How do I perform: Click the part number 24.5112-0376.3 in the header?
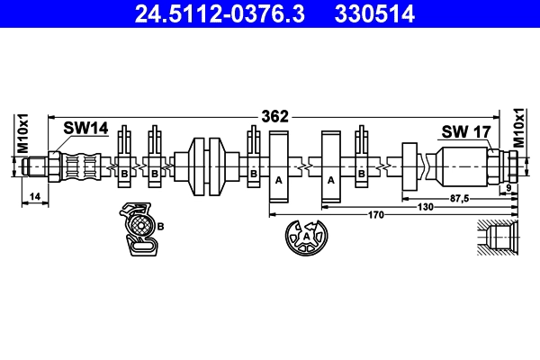(220, 13)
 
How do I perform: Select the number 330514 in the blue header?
(374, 13)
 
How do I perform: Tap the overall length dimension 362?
(274, 116)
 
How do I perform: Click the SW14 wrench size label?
(85, 128)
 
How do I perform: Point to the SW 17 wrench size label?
(466, 131)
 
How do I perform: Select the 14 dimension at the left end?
(35, 197)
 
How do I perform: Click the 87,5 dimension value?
(460, 198)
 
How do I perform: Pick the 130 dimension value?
(425, 207)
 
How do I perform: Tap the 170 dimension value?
(375, 215)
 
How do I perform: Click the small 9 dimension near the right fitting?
(509, 188)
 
